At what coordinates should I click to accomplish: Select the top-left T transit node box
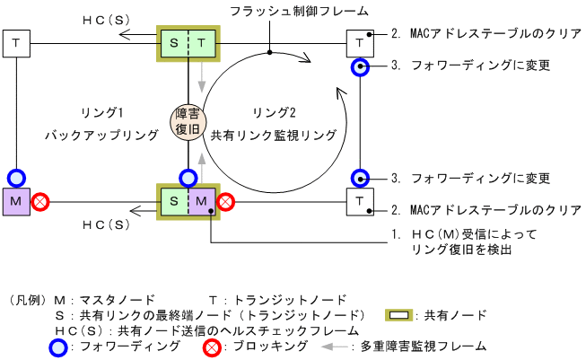point(16,41)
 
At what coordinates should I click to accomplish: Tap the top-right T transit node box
point(360,41)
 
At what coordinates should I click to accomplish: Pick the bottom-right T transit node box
point(360,200)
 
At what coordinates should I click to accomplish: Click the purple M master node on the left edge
point(16,200)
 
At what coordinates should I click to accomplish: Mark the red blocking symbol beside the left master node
point(40,202)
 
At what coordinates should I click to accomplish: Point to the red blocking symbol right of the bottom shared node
point(227,202)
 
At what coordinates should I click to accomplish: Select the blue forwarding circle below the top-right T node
point(360,66)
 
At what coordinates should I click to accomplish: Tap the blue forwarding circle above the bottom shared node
point(188,177)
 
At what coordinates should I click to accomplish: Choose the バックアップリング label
point(102,135)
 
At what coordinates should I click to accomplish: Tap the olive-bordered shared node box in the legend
point(402,315)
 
